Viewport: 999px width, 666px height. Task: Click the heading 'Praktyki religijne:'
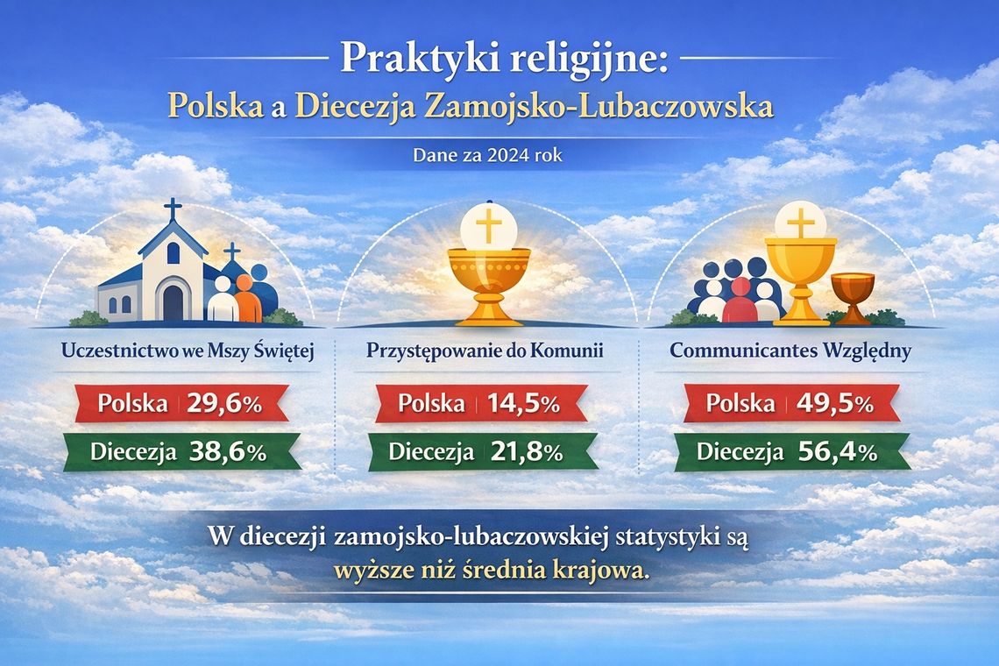click(x=504, y=57)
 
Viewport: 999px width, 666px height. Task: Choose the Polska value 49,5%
click(x=835, y=404)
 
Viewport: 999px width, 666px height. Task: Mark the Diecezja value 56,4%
click(x=837, y=452)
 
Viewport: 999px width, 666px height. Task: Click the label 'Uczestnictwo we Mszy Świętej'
click(x=188, y=351)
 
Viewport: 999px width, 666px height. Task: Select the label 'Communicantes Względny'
click(x=790, y=351)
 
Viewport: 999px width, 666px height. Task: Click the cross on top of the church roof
click(x=173, y=209)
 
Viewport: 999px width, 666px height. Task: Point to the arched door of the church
click(x=174, y=302)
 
